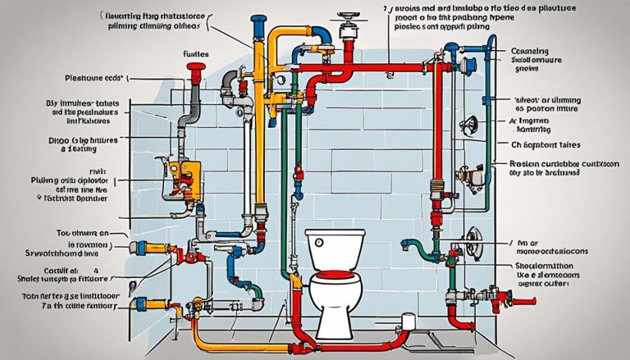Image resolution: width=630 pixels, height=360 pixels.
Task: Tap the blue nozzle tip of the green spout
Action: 404,244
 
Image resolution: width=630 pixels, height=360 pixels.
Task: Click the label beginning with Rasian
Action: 551,163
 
